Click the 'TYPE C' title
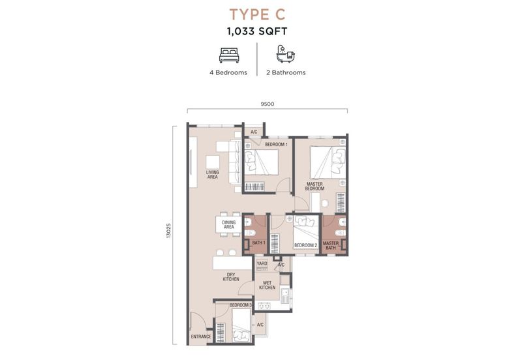(257, 14)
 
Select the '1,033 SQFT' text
(257, 31)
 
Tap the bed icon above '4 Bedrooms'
(229, 55)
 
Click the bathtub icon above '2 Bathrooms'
(286, 54)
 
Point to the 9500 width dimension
(268, 104)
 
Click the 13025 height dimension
(168, 230)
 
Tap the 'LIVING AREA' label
(213, 175)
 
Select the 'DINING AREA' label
(229, 224)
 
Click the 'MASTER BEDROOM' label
(315, 187)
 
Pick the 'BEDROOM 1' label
(276, 144)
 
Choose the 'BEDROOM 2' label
(305, 246)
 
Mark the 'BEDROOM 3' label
(241, 305)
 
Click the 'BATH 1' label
(258, 243)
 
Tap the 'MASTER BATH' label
(331, 246)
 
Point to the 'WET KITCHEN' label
(267, 285)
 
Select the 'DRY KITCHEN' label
(231, 277)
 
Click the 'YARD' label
(262, 263)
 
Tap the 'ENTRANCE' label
(201, 337)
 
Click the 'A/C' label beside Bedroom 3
(260, 325)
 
